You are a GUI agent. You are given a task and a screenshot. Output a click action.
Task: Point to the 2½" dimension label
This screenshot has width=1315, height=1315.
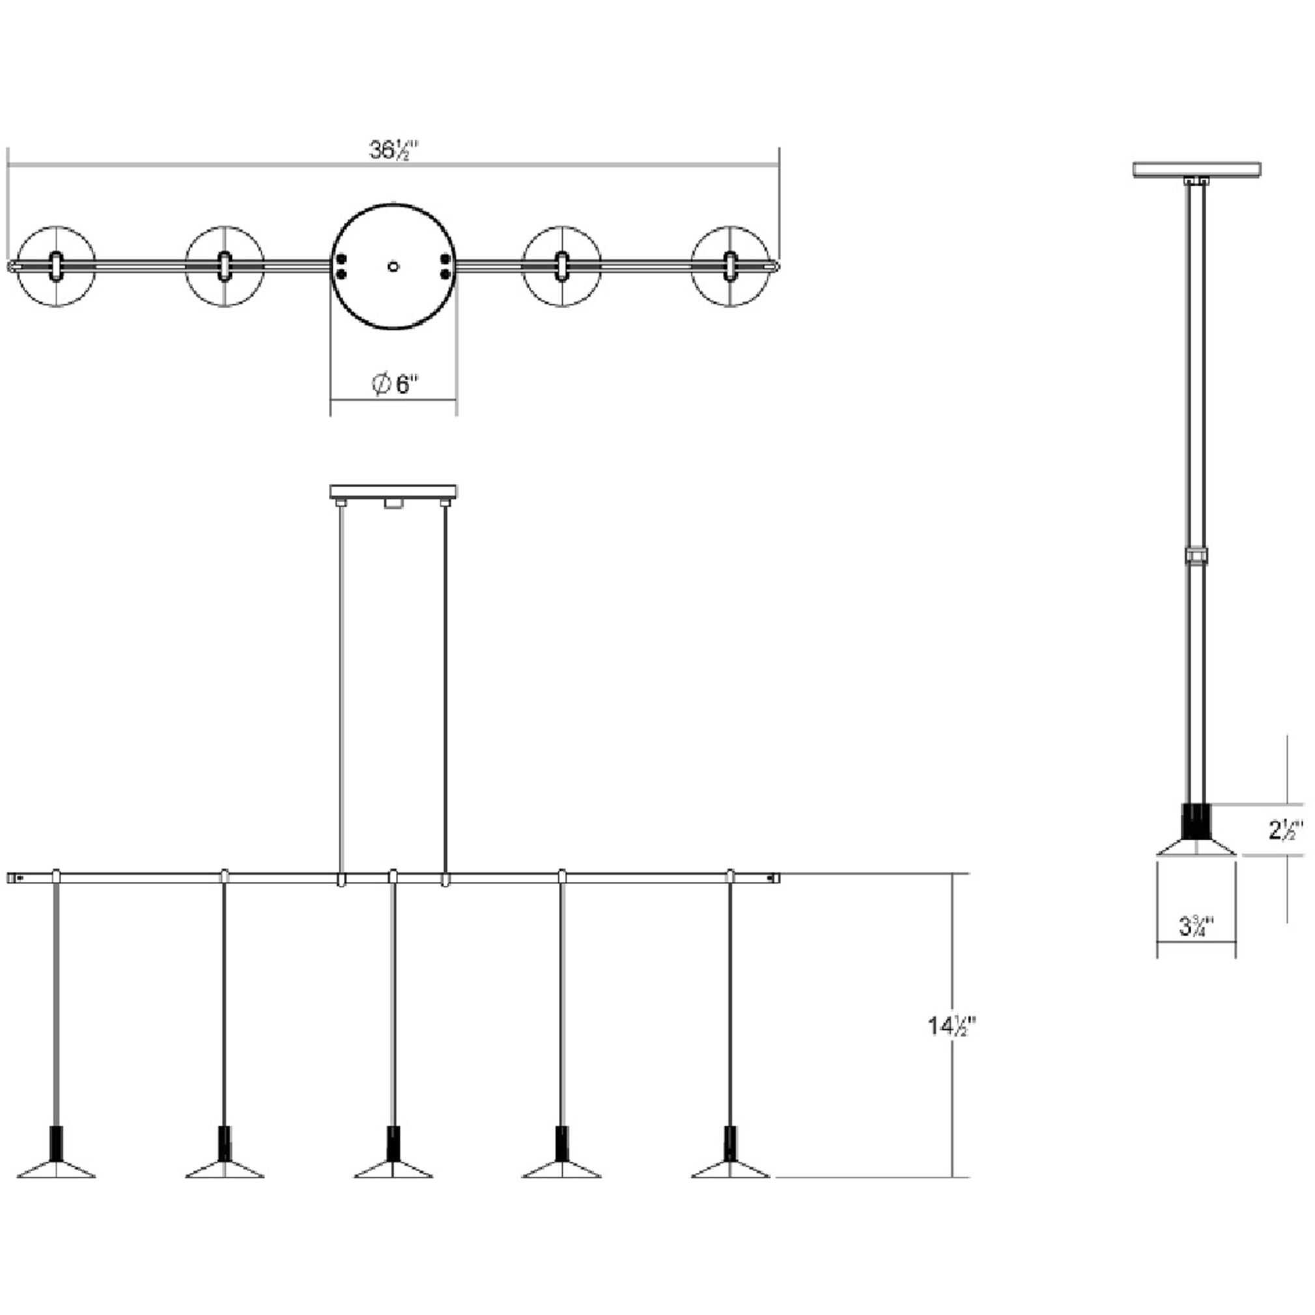pyautogui.click(x=1284, y=831)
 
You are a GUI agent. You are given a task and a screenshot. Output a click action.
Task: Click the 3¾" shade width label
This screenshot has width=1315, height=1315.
pyautogui.click(x=1196, y=927)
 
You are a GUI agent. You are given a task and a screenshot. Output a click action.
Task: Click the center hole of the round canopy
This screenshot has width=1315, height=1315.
pyautogui.click(x=393, y=267)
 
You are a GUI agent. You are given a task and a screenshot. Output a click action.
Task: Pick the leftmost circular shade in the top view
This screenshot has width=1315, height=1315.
pyautogui.click(x=56, y=266)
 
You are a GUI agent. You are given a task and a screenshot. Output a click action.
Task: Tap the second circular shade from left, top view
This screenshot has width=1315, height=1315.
pyautogui.click(x=224, y=266)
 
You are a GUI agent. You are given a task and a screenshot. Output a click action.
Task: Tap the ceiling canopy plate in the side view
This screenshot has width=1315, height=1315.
pyautogui.click(x=1196, y=169)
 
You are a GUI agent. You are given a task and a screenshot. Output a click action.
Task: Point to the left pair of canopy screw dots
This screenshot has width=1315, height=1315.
pyautogui.click(x=342, y=266)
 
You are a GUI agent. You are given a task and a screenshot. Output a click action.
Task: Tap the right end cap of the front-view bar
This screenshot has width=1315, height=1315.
pyautogui.click(x=774, y=879)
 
